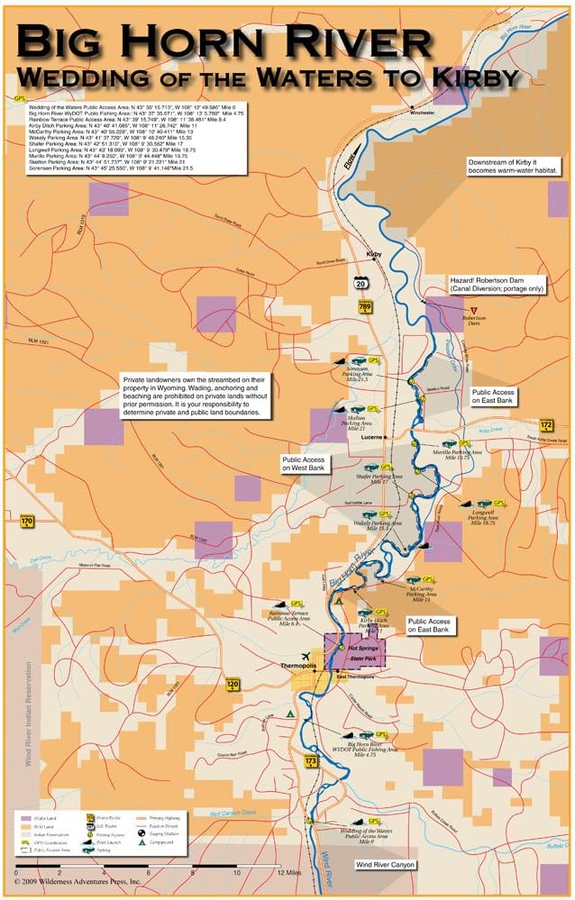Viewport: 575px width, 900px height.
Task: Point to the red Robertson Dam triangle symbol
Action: coord(474,308)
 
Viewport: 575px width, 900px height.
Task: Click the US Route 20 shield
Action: coord(360,282)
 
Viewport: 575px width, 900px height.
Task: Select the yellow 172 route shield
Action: coord(546,424)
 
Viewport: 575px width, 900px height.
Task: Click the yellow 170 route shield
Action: coord(26,521)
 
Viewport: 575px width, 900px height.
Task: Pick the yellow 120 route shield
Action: coord(233,686)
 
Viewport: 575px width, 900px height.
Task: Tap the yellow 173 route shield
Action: coord(312,762)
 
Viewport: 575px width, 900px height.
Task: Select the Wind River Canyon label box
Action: coord(385,864)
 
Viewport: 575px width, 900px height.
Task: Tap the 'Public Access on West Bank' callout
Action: coord(306,463)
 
